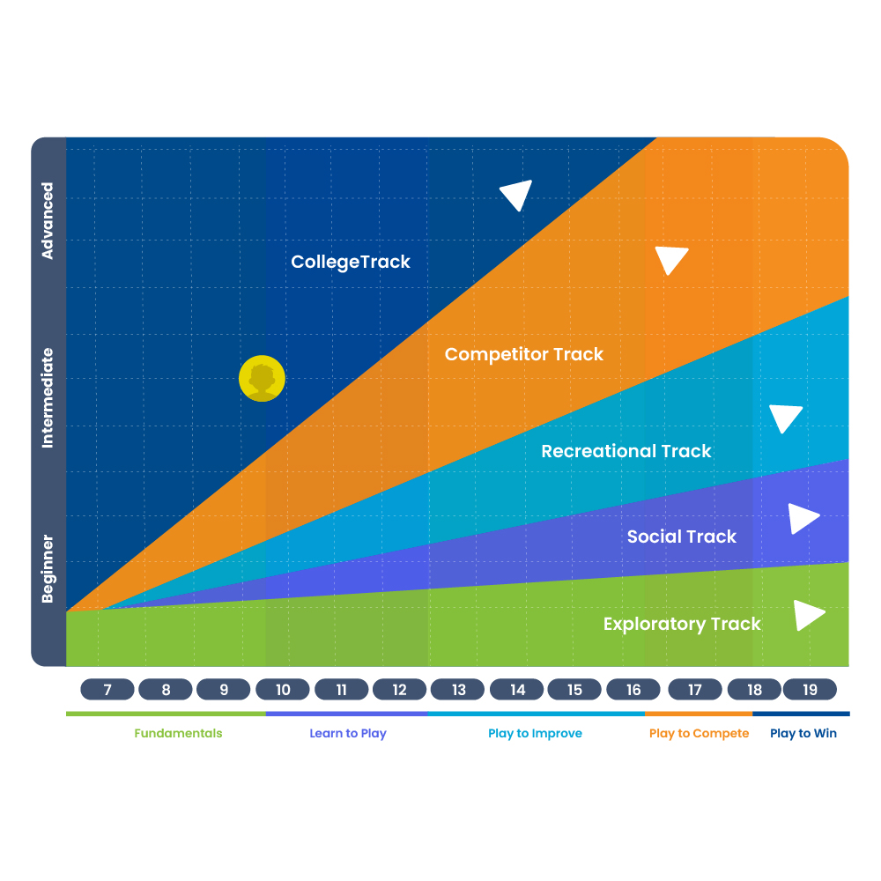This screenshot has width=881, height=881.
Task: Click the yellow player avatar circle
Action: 262,378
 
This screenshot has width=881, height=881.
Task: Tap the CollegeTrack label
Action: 351,262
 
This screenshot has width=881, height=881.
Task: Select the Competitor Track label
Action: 523,354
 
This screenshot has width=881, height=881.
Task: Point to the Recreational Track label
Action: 626,450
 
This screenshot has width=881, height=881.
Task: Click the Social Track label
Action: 682,537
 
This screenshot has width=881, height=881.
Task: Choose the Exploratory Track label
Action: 682,625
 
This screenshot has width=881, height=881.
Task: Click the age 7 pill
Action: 107,690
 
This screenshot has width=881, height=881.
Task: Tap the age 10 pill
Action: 283,690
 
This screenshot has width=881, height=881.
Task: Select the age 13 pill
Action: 458,690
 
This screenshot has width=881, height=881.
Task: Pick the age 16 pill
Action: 633,690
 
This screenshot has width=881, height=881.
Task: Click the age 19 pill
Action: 810,690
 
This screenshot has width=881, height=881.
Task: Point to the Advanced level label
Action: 48,220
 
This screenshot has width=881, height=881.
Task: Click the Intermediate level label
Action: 48,398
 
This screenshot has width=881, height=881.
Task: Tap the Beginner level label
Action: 48,568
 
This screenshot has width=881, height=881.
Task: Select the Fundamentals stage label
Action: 178,733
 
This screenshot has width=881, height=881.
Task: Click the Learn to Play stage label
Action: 348,733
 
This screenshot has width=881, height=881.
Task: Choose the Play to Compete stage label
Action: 699,733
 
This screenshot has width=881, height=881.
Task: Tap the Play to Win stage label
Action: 803,733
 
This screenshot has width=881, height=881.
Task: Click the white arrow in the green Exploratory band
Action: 808,615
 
